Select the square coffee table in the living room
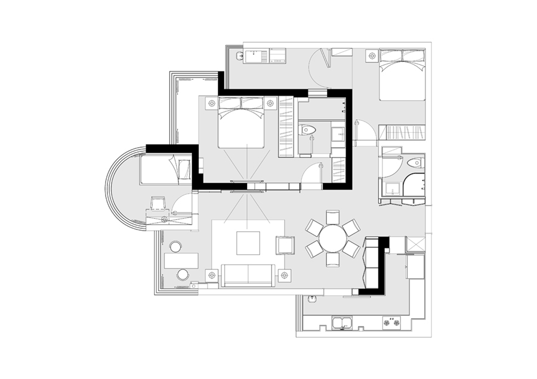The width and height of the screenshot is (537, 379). click(x=248, y=243)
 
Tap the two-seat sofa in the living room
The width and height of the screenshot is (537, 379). click(x=246, y=275)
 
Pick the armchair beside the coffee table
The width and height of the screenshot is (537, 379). click(x=285, y=244)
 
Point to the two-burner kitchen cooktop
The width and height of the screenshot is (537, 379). click(x=393, y=324)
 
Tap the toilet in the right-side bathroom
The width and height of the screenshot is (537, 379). click(x=413, y=163)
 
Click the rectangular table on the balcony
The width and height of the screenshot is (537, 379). click(x=181, y=260)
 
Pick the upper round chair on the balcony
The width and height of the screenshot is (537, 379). click(x=175, y=246)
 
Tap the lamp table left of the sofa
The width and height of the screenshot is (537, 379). click(x=211, y=275)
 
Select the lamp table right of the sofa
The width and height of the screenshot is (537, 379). click(x=284, y=275)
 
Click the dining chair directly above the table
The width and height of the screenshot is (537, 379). click(x=332, y=216)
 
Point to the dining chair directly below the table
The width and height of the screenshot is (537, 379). click(x=332, y=260)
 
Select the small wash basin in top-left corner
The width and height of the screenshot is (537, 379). click(x=239, y=57)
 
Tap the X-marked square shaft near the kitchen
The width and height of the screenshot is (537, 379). click(x=415, y=244)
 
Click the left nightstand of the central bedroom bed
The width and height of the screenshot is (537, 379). click(x=211, y=104)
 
